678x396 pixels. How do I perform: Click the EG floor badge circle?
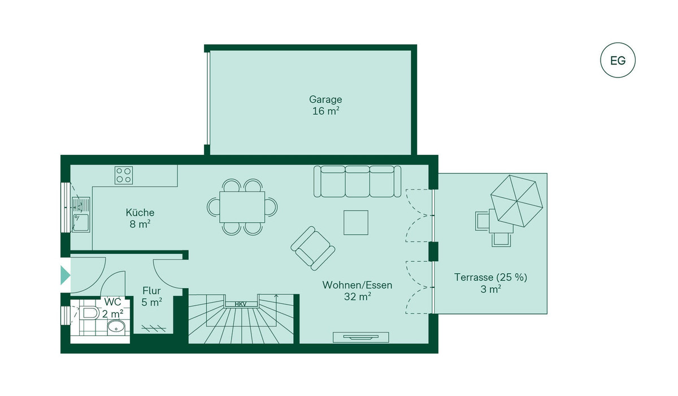[618, 60]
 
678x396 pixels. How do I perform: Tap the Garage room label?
[325, 99]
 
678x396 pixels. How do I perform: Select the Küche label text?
[140, 213]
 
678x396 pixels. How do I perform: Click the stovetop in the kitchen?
[124, 175]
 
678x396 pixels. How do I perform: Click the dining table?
[242, 207]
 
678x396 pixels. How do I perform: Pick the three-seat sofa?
[357, 180]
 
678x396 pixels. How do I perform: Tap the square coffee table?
[356, 222]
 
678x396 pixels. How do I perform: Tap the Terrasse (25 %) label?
[491, 278]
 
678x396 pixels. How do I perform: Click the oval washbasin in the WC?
[116, 326]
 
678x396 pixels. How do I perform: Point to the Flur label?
[152, 291]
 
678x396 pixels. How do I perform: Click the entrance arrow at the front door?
[66, 276]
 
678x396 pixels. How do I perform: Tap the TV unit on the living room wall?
[360, 337]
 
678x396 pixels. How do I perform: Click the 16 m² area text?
[325, 111]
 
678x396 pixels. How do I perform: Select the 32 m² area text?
[357, 296]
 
